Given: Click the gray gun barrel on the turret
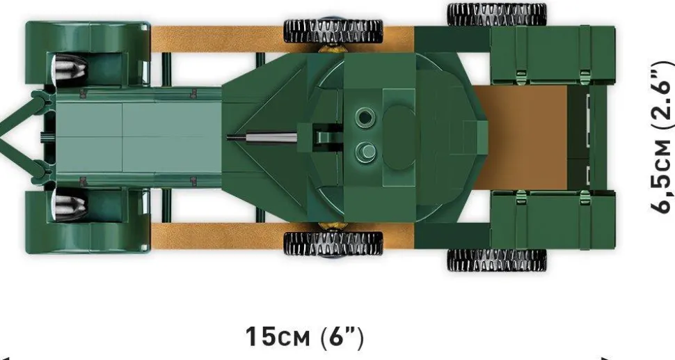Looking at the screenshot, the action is point(262,138).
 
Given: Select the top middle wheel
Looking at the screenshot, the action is point(333,31).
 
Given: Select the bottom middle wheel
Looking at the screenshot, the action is point(333,244).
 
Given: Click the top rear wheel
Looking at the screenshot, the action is point(497,14).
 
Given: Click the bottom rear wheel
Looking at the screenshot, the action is point(497,260).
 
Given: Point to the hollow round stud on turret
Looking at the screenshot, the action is point(365,117).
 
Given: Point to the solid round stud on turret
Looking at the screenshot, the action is point(365,152).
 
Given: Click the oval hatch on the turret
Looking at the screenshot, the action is point(399,137).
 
